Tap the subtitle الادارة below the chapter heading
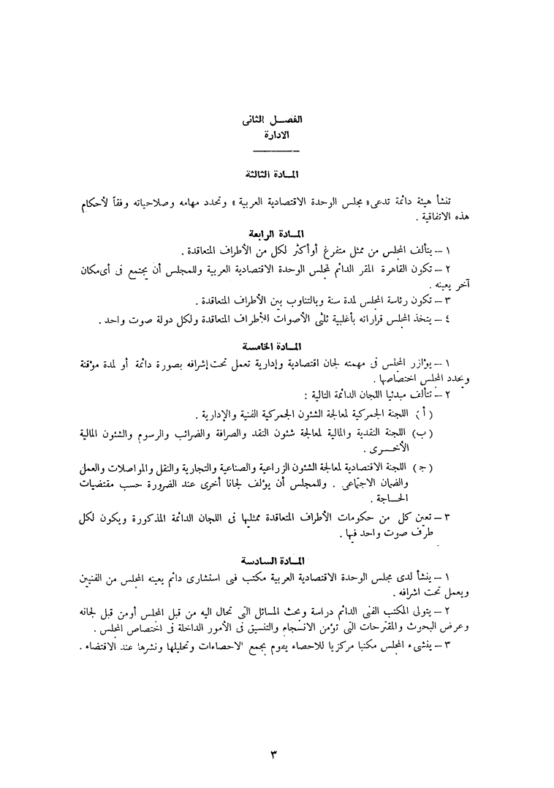[x=276, y=135]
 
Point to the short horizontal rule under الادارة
[x=276, y=151]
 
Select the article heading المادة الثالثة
[x=276, y=175]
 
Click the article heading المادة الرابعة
[x=276, y=235]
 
